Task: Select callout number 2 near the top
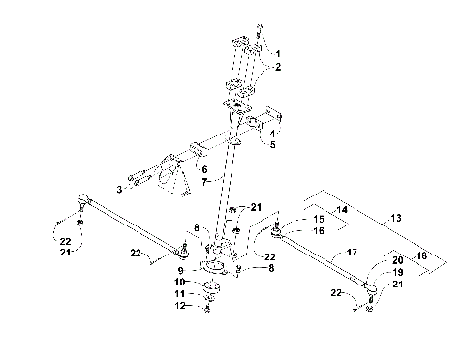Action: tap(278, 68)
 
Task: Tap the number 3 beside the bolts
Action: tap(118, 189)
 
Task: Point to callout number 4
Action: tap(273, 133)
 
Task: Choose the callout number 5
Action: tap(272, 145)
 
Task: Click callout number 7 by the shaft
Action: tap(204, 182)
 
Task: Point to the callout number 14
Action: tap(341, 209)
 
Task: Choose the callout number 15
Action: tap(317, 221)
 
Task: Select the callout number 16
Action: tap(317, 232)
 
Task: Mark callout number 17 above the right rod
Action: tap(352, 253)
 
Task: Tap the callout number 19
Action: tap(398, 274)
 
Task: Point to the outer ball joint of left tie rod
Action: tap(85, 201)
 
